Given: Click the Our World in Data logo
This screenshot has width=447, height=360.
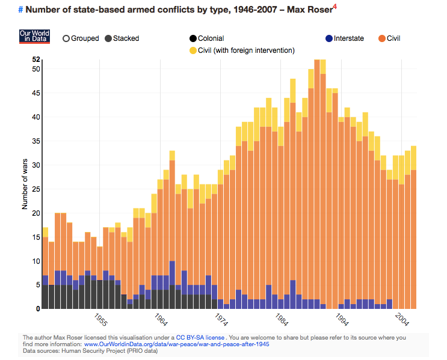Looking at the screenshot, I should (x=34, y=36).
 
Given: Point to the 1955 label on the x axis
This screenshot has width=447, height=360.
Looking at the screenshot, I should (x=100, y=319).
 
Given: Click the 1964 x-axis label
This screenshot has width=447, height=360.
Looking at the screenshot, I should (x=161, y=319).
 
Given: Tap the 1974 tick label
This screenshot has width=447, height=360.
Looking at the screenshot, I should (x=221, y=319).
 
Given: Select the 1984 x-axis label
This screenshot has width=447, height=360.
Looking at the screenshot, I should (x=281, y=319).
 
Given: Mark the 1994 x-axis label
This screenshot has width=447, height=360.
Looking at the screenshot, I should (x=341, y=319).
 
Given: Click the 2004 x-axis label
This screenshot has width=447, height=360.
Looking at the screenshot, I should (x=401, y=319).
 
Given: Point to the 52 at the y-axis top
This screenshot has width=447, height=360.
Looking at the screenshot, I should (x=36, y=59).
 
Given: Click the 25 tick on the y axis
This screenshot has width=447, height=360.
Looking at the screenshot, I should (x=36, y=189).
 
